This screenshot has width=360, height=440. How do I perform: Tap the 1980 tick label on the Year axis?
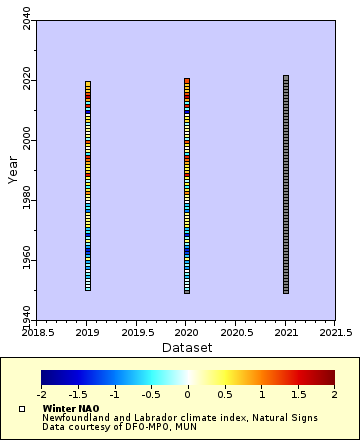click(x=26, y=202)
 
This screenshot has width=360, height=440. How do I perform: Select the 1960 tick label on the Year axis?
click(x=26, y=262)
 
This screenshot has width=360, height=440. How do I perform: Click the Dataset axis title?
click(x=186, y=347)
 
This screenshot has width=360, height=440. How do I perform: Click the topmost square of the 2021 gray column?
click(x=286, y=77)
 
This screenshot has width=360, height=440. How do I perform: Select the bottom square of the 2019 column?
click(x=88, y=288)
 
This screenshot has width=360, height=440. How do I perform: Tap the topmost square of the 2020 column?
click(x=187, y=80)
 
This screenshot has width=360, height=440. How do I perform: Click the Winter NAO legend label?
click(x=70, y=409)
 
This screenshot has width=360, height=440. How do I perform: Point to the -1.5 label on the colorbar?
click(x=78, y=395)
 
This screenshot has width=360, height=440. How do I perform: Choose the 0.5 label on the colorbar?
click(x=224, y=395)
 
